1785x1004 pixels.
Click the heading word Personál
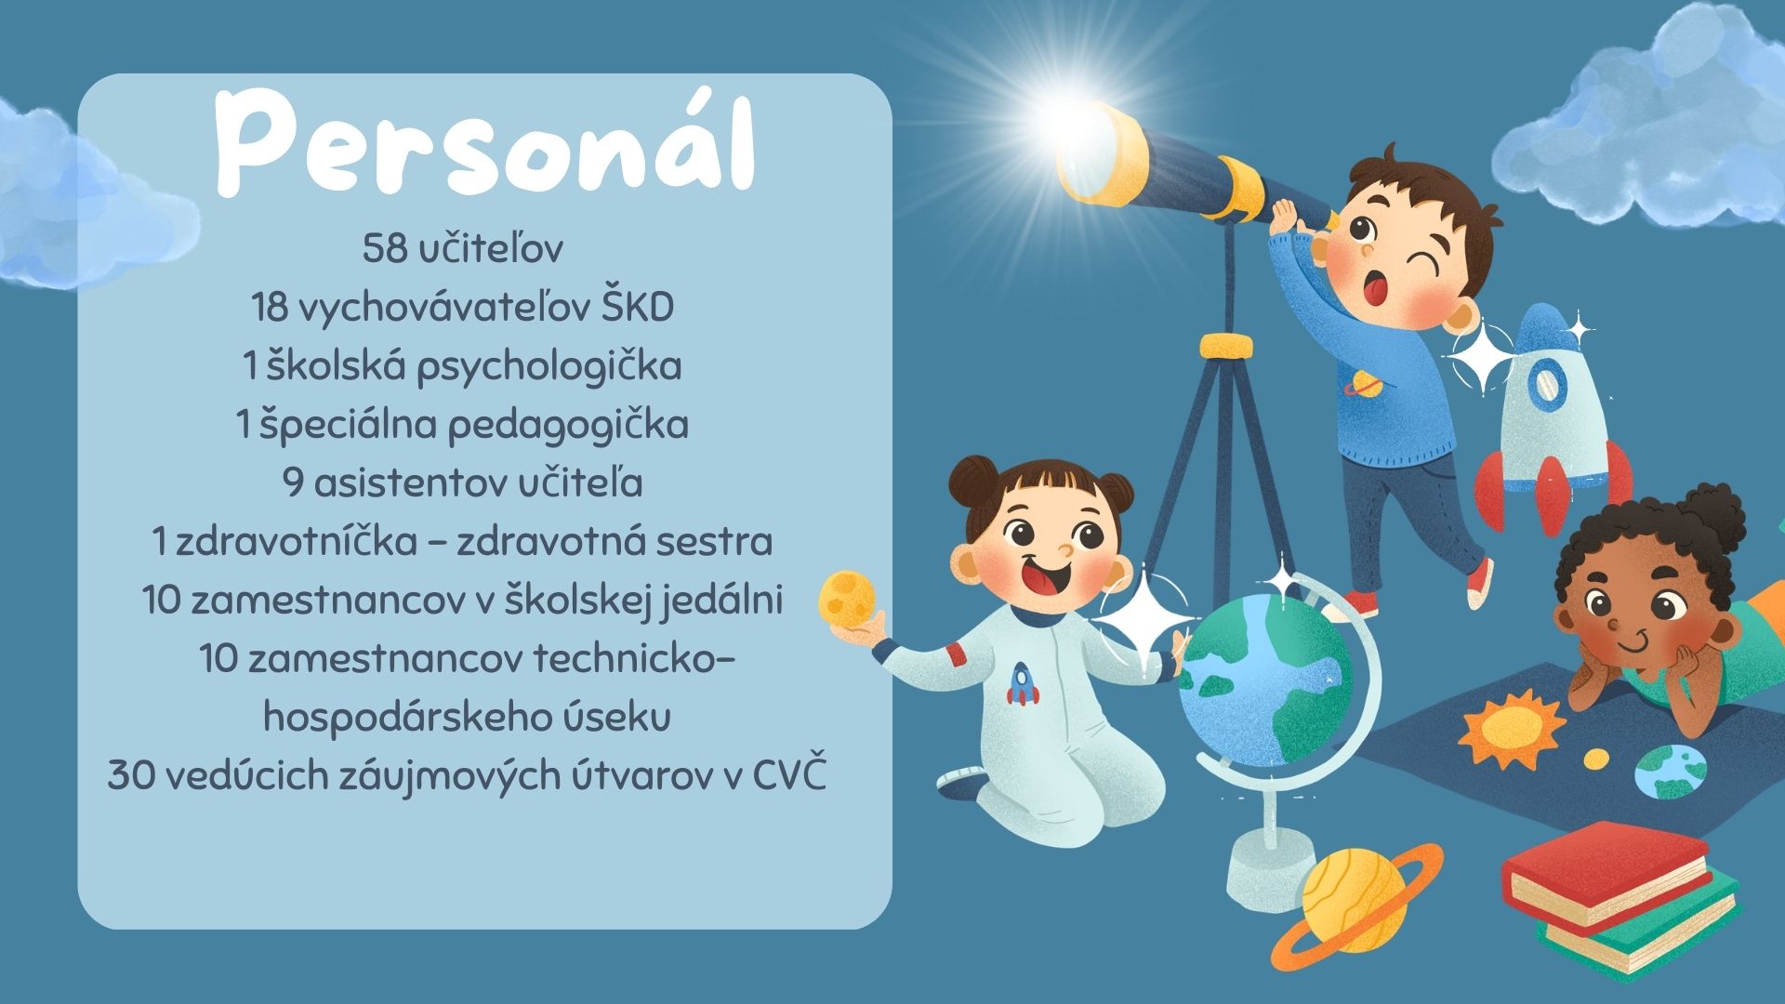coord(484,141)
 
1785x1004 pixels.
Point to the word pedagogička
coord(568,426)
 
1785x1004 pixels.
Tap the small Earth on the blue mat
coord(1670,771)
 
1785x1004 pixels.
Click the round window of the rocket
coord(1544,384)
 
